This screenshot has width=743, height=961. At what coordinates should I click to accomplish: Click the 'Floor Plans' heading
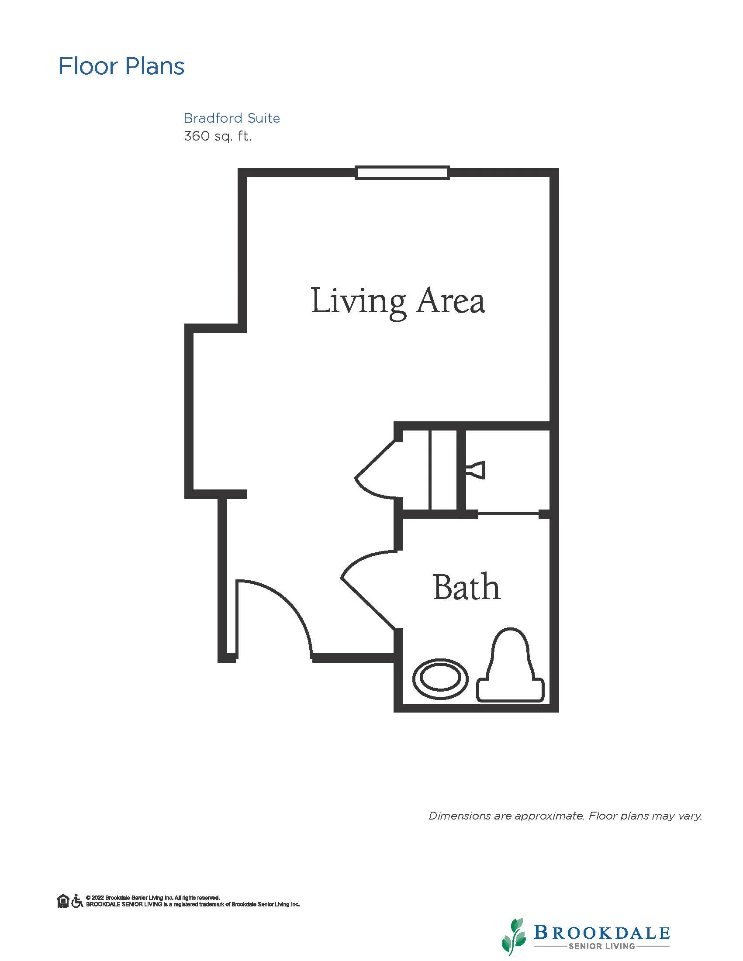click(121, 66)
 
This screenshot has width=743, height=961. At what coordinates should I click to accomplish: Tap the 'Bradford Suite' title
click(232, 118)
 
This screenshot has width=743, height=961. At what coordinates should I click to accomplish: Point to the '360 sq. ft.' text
click(218, 136)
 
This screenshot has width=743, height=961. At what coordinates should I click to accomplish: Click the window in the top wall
click(402, 172)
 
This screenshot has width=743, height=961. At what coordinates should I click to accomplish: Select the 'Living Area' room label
click(398, 302)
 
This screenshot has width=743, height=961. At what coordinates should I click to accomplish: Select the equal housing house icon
click(63, 901)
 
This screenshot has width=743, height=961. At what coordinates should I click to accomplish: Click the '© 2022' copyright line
click(153, 898)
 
